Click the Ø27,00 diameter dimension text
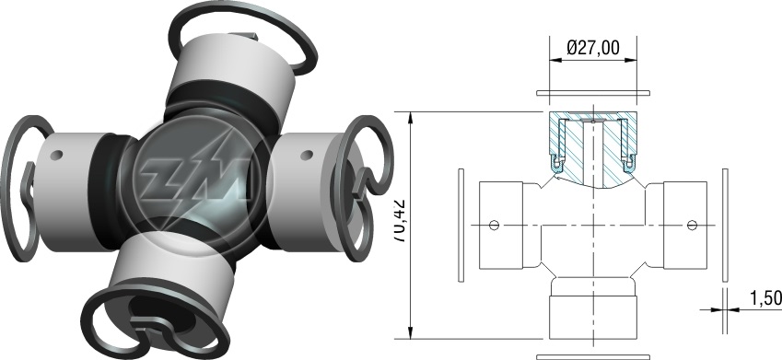click(593, 47)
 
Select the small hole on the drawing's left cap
click(494, 225)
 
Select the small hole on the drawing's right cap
click(691, 225)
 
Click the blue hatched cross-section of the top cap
click(593, 148)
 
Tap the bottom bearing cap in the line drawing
click(593, 318)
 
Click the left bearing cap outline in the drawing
click(501, 226)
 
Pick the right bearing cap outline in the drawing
click(685, 226)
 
